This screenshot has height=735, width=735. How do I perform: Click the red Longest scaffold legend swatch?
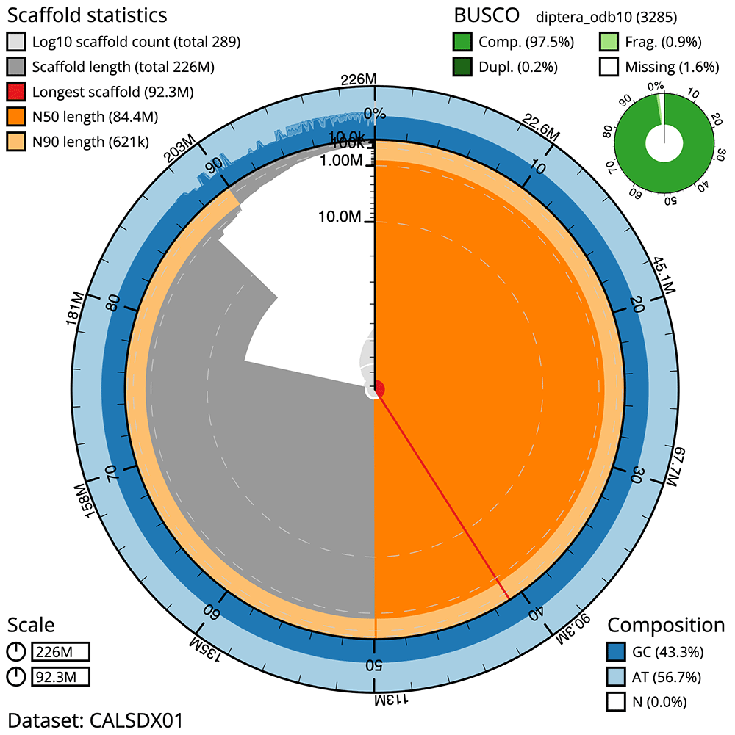[16, 93]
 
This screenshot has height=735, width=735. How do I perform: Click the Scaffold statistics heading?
[87, 15]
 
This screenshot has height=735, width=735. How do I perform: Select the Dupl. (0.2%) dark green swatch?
[464, 67]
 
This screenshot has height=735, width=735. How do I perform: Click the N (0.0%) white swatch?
[617, 701]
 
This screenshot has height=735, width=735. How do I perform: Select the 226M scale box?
[60, 652]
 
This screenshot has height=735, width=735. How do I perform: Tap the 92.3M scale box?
[60, 676]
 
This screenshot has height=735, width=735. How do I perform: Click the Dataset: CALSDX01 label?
[95, 719]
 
